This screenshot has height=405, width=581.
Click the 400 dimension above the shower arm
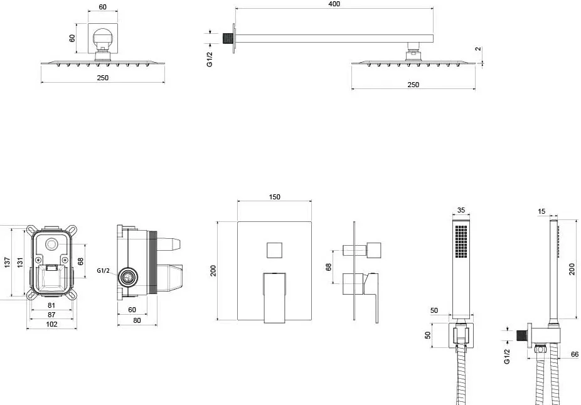click(334, 4)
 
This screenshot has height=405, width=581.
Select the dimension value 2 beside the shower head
click(478, 49)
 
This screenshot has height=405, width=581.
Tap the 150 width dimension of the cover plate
click(274, 197)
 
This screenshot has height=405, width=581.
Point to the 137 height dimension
click(8, 262)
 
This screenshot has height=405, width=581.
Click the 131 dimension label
click(20, 262)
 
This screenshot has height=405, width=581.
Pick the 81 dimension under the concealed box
click(51, 305)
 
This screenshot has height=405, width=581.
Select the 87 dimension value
click(51, 315)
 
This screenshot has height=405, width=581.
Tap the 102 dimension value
click(51, 324)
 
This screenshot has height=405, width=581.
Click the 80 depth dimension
click(137, 320)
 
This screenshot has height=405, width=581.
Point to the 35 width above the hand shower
click(461, 210)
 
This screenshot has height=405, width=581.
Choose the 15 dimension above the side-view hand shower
click(541, 211)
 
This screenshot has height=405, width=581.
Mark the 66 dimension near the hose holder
click(574, 354)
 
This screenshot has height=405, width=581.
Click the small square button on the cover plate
click(275, 251)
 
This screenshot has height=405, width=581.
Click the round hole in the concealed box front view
click(51, 245)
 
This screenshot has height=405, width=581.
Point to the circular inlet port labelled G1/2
click(128, 277)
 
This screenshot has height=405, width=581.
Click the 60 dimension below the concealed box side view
click(132, 310)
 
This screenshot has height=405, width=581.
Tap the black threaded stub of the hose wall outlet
click(522, 335)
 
